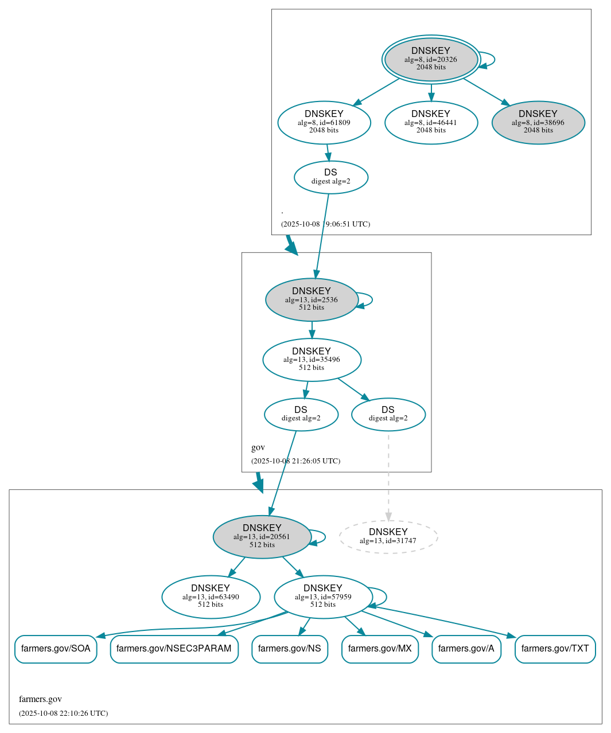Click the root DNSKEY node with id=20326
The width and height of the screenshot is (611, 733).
[431, 59]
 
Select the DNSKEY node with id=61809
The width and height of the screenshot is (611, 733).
[324, 122]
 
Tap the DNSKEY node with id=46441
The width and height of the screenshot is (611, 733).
[431, 122]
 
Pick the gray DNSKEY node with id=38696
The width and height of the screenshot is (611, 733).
[538, 122]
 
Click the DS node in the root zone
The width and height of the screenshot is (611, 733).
[331, 177]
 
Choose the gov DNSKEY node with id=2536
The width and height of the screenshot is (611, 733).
[312, 299]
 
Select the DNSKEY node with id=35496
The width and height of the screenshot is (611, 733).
[312, 360]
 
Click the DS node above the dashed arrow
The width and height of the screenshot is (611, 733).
[388, 414]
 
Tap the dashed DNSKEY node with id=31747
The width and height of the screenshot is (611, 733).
[388, 537]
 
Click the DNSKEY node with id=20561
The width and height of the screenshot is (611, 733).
[262, 537]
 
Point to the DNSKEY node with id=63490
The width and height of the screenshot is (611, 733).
[211, 597]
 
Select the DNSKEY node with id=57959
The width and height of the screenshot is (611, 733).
[323, 597]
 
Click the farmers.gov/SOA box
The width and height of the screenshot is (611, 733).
[56, 649]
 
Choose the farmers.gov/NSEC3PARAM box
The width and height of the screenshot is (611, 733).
[174, 649]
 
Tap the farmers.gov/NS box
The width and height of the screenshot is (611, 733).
[290, 649]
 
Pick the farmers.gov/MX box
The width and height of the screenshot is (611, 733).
[380, 649]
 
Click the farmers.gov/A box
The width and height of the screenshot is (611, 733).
[466, 649]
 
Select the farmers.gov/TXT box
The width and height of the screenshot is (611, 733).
[555, 649]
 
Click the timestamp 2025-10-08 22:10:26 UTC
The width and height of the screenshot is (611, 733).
[63, 713]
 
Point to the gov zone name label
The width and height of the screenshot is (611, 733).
[258, 447]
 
